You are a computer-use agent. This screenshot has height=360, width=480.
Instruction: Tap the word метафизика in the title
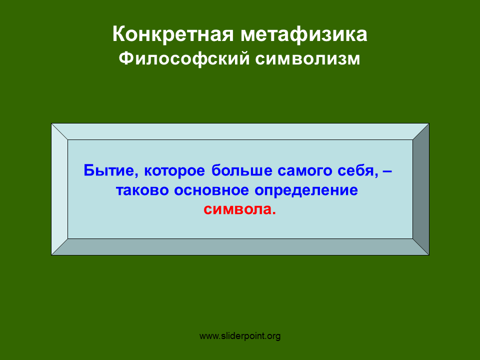click(x=303, y=34)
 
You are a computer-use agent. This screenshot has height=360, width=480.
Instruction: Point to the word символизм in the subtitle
click(x=307, y=59)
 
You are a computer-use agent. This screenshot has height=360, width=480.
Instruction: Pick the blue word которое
click(x=174, y=171)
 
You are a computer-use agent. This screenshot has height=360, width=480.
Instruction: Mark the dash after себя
click(x=387, y=171)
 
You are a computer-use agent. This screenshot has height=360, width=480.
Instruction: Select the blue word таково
click(x=142, y=190)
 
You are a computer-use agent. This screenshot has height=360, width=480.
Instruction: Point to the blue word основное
click(x=211, y=190)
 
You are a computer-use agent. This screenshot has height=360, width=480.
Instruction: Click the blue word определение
click(x=306, y=190)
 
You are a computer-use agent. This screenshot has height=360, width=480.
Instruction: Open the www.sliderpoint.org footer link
click(x=240, y=336)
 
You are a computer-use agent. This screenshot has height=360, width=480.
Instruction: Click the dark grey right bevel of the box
click(x=421, y=189)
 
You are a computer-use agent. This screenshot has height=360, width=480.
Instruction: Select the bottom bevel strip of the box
click(x=240, y=246)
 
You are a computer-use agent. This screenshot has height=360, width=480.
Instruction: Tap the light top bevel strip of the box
click(x=240, y=131)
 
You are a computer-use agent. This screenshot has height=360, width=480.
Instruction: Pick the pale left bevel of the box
click(x=59, y=189)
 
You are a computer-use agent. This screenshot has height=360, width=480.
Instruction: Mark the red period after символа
click(x=274, y=213)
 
